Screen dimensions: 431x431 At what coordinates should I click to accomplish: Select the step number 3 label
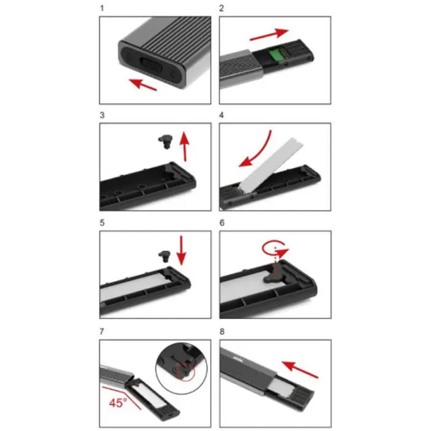102,116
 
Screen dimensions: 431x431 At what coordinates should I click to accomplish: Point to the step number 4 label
222,116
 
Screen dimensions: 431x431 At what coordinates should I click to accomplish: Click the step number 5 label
102,225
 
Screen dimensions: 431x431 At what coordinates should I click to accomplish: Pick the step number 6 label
222,225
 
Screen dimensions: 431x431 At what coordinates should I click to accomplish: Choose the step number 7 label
102,332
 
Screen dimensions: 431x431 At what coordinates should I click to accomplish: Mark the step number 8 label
222,332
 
